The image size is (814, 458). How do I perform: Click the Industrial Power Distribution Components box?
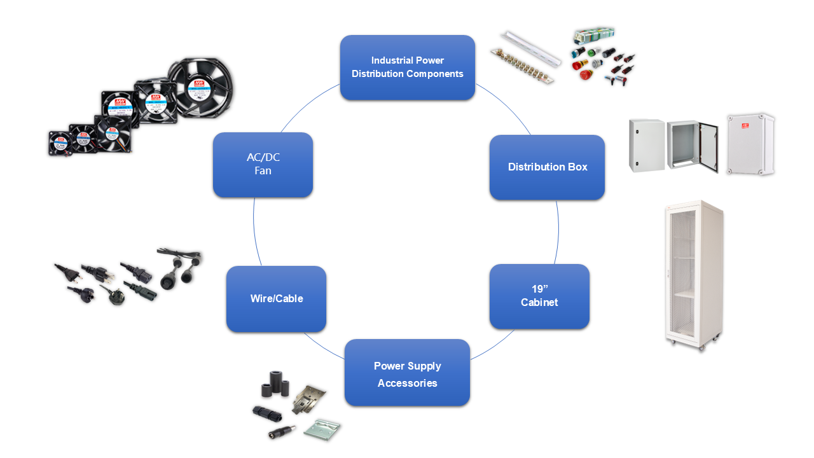click(x=407, y=67)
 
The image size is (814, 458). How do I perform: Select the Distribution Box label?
click(x=547, y=167)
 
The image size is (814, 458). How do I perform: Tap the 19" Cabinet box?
click(x=539, y=296)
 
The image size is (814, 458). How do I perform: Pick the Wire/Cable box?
click(x=276, y=299)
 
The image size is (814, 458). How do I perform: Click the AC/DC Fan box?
click(x=263, y=165)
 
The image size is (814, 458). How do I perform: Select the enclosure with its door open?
click(x=692, y=146)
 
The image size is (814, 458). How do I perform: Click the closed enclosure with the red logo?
click(x=750, y=144)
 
